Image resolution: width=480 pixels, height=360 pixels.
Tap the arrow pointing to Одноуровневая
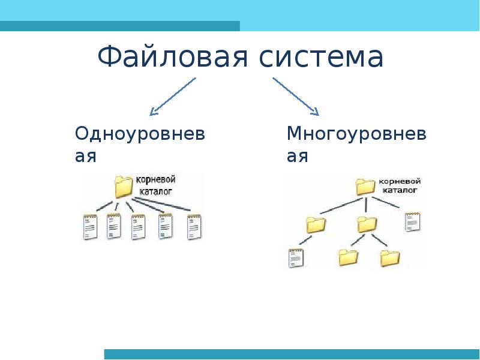172,95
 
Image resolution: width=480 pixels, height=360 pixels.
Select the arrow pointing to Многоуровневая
295,95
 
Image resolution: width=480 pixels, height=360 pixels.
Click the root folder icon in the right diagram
365,186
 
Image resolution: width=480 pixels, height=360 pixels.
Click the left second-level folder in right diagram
316,224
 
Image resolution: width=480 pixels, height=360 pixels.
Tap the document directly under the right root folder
412,222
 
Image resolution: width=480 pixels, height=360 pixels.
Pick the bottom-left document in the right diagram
296,257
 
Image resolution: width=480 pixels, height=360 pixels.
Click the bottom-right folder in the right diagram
389,257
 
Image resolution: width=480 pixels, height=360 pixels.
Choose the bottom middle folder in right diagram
348,257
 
